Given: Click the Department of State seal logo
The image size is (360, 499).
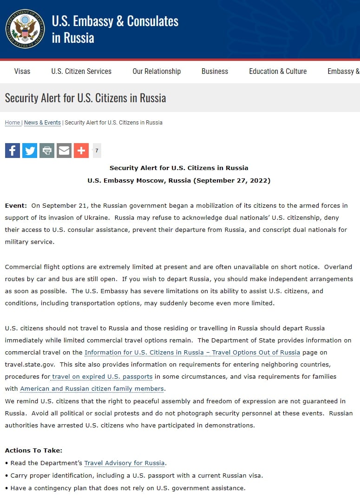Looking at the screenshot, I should [25, 29].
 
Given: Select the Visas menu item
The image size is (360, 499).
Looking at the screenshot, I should [22, 71].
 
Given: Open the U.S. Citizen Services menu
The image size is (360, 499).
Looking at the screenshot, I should [81, 71].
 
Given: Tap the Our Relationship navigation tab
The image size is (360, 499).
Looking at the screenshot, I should [157, 71].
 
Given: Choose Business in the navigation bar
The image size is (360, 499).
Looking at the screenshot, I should [215, 71].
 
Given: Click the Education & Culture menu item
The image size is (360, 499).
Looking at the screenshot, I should [278, 71].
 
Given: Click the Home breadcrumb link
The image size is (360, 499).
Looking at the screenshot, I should [13, 123].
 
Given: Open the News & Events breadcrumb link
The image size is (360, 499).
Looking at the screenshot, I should [42, 123].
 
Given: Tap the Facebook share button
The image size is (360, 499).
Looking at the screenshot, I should [13, 151].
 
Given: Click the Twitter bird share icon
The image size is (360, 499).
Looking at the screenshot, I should [30, 151].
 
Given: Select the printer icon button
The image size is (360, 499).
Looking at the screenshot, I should [47, 151].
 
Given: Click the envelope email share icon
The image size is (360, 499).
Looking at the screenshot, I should [64, 151].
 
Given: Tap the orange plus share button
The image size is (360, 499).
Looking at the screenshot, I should [81, 151].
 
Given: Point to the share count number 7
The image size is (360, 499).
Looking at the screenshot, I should [97, 151].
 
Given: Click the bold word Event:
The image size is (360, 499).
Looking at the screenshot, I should [16, 205].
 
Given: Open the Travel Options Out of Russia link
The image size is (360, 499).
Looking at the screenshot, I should [192, 352].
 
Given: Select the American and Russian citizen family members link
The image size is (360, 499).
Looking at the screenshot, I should [92, 388].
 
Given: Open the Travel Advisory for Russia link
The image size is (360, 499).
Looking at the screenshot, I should [124, 463].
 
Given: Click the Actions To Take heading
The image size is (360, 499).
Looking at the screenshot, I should [33, 450].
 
